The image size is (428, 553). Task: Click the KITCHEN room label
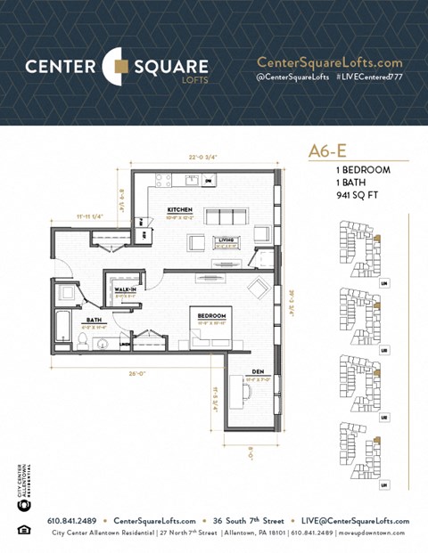click(179, 211)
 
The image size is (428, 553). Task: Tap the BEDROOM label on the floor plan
click(211, 316)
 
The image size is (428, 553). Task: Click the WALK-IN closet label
click(124, 289)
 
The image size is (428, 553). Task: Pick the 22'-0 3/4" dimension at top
click(202, 158)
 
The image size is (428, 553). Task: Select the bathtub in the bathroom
click(62, 326)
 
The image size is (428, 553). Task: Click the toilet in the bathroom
click(64, 294)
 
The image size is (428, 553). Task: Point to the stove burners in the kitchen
click(164, 180)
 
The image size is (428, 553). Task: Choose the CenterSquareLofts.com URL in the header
click(329, 62)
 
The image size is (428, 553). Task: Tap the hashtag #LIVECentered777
click(369, 77)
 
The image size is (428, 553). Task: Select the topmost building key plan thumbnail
click(358, 249)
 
